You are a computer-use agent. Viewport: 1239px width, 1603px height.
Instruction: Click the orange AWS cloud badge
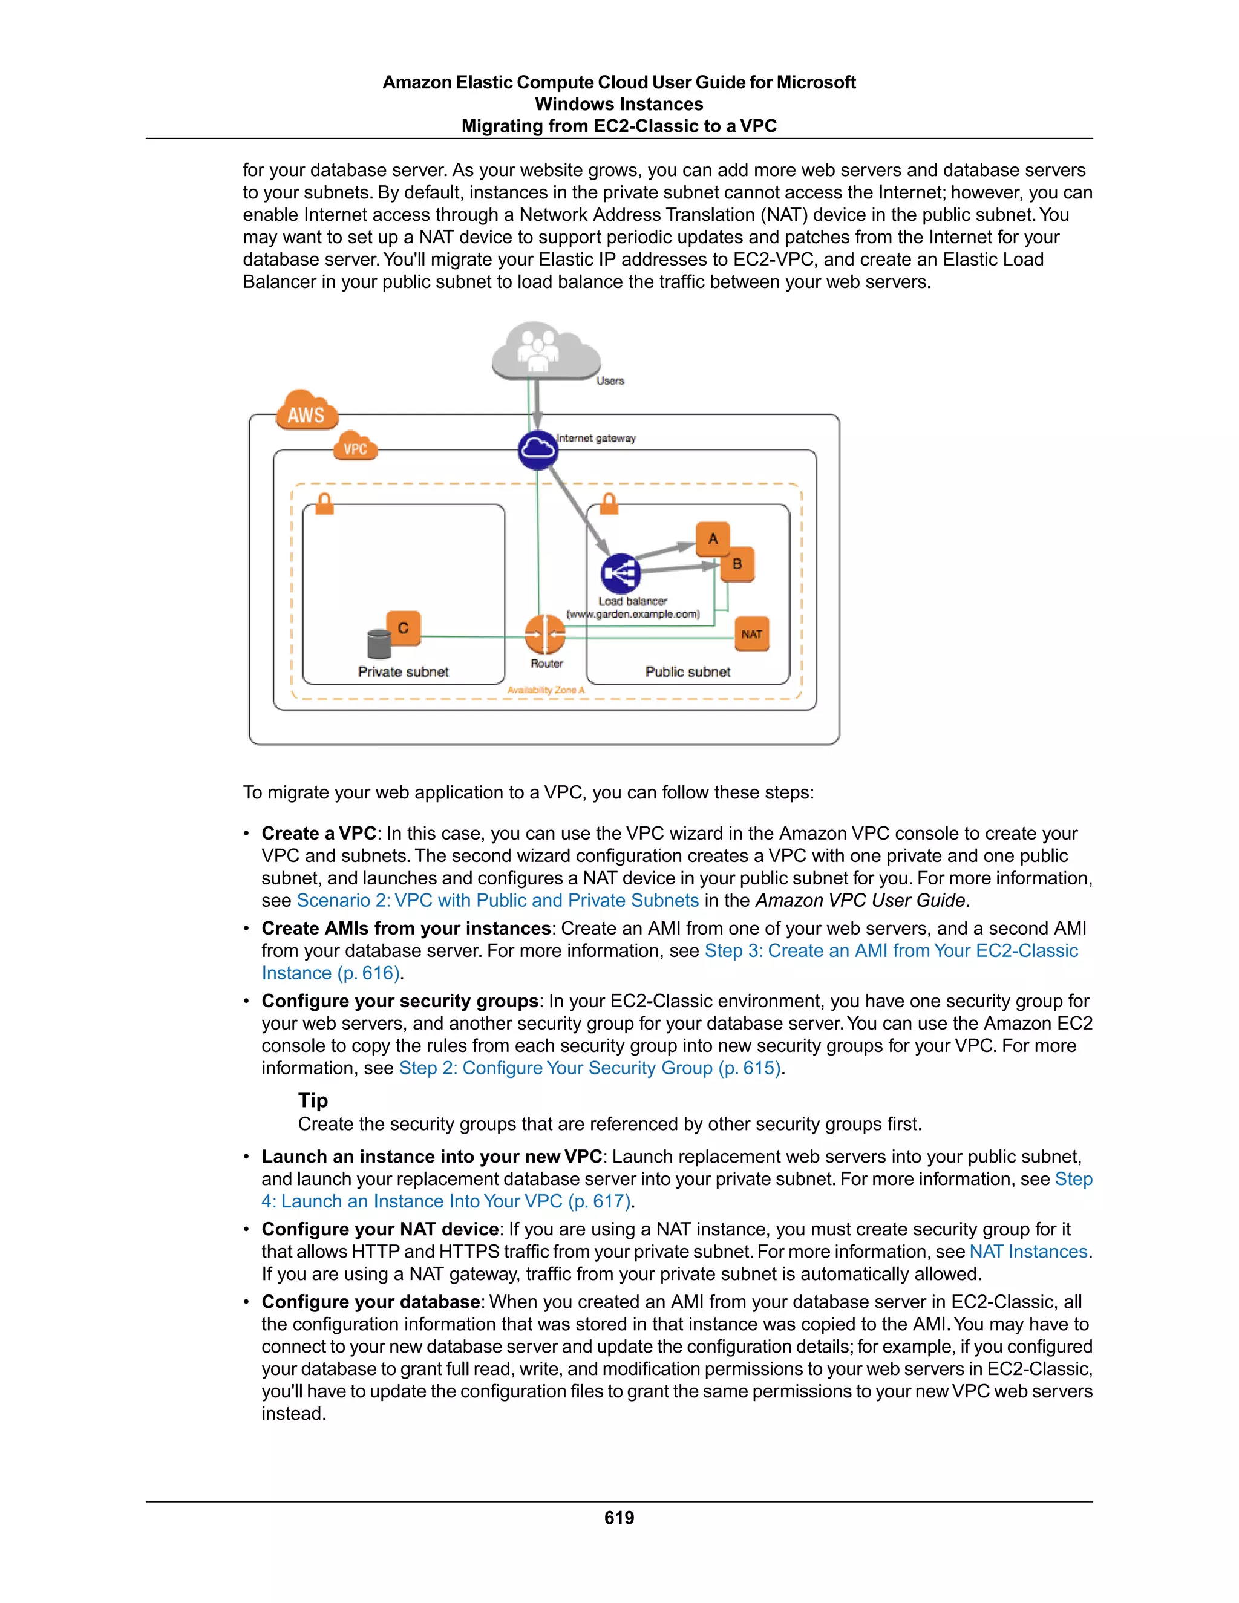coord(307,412)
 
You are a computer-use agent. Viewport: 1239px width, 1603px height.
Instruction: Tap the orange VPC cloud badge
coord(355,447)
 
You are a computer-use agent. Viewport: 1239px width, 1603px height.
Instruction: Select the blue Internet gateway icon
coord(537,450)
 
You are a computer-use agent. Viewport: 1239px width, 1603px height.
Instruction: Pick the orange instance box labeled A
coord(713,539)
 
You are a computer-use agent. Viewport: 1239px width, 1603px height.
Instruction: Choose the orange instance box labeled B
coord(737,564)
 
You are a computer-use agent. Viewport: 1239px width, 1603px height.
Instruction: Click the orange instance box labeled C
coord(403,628)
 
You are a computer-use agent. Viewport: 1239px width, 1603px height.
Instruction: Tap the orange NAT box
coord(751,634)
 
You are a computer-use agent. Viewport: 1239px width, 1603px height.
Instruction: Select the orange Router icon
coord(545,634)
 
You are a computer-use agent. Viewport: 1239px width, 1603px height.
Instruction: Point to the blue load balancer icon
coord(620,573)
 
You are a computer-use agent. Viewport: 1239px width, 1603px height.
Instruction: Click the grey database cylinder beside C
coord(379,644)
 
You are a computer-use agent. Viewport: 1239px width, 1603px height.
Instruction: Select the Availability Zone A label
coord(545,690)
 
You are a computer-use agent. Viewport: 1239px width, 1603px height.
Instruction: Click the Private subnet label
coord(403,671)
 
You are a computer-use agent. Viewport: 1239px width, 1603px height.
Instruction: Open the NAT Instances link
coord(1028,1252)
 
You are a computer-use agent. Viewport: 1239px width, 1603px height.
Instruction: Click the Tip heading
coord(313,1100)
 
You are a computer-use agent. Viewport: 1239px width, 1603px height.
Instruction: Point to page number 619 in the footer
coord(619,1518)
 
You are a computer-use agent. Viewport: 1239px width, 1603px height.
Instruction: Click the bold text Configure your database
coord(371,1302)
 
